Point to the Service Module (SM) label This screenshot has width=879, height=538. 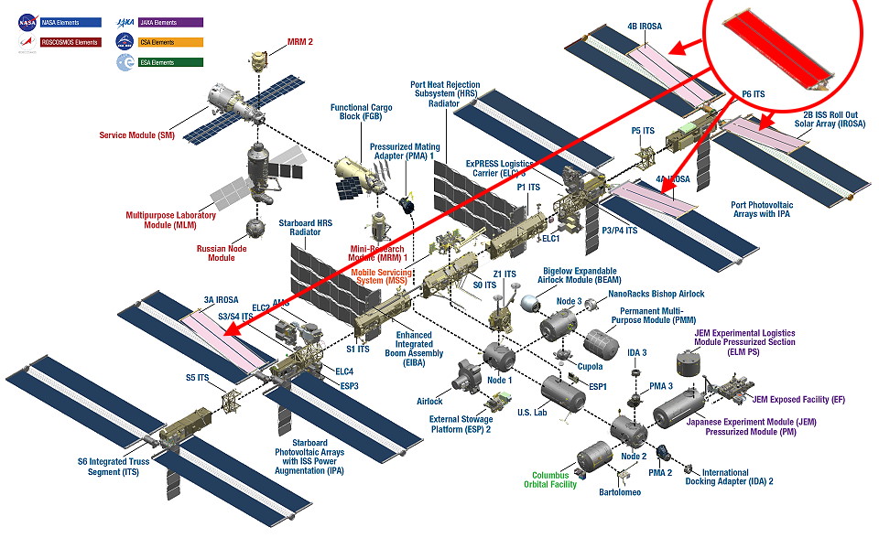[x=137, y=135]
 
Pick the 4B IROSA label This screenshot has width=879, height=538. [x=646, y=27]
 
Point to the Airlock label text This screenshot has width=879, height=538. [x=430, y=401]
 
